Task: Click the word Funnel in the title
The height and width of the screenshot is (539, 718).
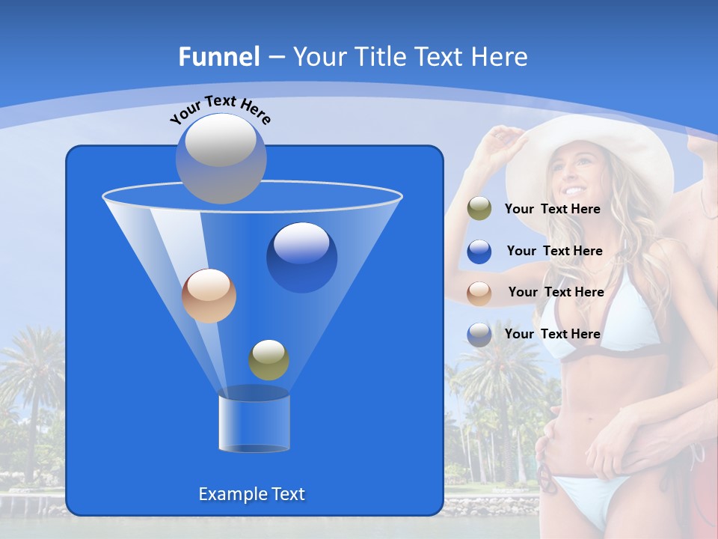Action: [218, 57]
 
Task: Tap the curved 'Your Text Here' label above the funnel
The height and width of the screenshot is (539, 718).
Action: [221, 109]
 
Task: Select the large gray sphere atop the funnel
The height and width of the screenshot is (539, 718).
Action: [221, 158]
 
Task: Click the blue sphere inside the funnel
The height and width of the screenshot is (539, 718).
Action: [301, 257]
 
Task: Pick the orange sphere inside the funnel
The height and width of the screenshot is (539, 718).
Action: [209, 296]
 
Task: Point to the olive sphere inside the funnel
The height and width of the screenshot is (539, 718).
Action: [269, 359]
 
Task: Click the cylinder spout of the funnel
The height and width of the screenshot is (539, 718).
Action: [254, 424]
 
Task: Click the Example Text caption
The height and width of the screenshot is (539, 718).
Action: [252, 494]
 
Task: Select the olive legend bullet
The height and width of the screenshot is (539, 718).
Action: [479, 209]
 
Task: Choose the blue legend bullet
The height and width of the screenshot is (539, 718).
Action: [479, 251]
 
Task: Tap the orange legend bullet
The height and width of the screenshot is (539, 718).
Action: [479, 292]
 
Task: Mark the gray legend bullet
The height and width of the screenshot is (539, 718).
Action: [479, 334]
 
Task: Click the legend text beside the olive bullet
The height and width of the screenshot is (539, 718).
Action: [552, 209]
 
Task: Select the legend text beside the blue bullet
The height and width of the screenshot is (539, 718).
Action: [554, 251]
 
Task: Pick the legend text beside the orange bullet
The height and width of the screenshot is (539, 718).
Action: [556, 292]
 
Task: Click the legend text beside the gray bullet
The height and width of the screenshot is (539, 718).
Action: [552, 334]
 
